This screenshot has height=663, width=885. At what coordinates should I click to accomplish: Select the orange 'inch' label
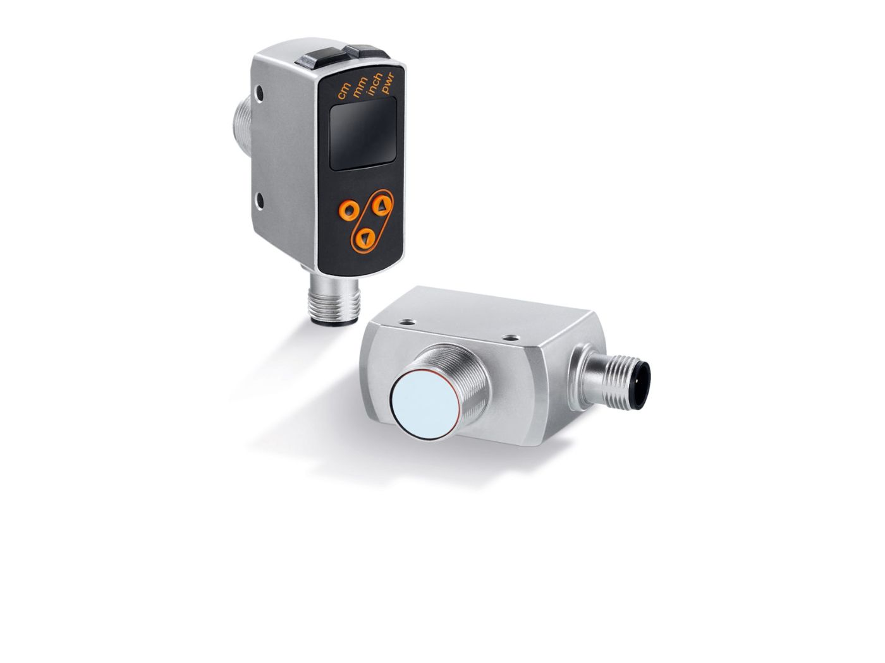[x=373, y=84]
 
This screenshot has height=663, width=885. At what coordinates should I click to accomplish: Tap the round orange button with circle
[x=348, y=210]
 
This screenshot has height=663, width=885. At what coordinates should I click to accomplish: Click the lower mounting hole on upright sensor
[x=260, y=200]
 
